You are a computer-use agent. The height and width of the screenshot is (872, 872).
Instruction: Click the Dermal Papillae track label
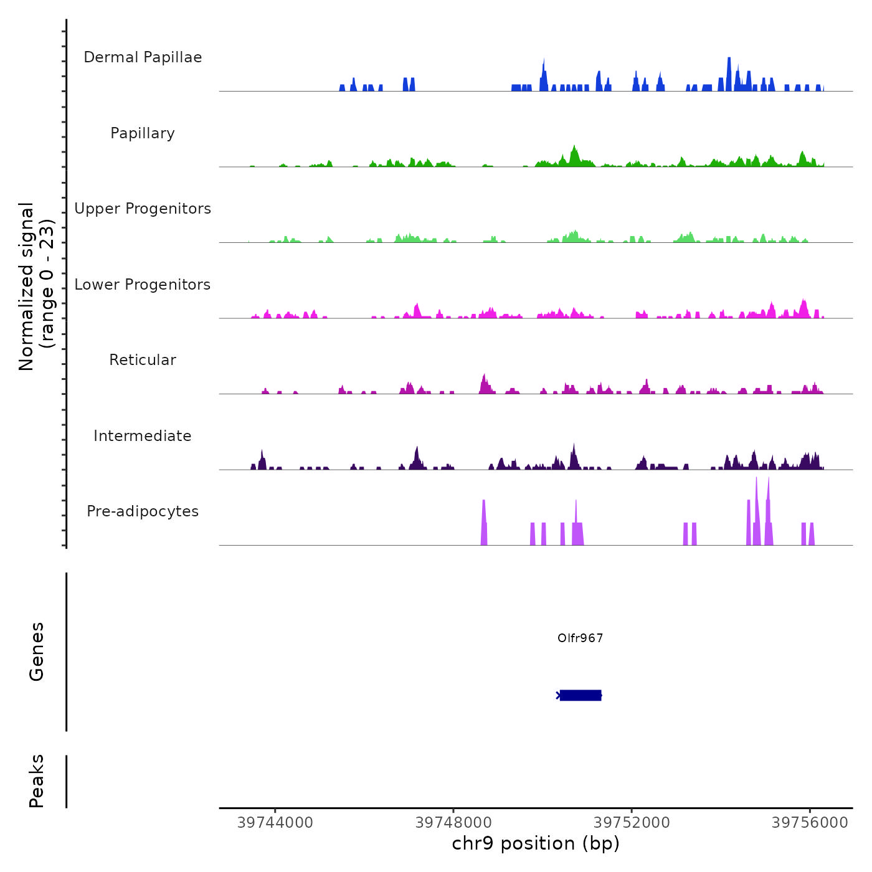[143, 57]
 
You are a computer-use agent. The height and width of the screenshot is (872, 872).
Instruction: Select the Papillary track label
[143, 133]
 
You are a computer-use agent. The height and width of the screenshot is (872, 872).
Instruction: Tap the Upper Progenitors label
[143, 209]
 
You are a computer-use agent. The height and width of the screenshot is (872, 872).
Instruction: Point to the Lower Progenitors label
[143, 285]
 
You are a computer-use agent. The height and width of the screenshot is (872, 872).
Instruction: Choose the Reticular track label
[143, 360]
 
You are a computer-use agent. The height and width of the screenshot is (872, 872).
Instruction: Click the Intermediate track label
[143, 436]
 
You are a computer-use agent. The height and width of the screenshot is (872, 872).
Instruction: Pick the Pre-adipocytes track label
[143, 511]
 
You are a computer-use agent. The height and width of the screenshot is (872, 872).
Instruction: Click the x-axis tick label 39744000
[275, 823]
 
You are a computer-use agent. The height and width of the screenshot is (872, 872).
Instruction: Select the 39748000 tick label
[453, 823]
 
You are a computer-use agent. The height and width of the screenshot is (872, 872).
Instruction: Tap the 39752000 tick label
[632, 823]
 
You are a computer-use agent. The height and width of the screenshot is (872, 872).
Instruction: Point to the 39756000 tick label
[810, 823]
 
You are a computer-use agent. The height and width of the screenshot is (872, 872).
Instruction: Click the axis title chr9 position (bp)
[536, 843]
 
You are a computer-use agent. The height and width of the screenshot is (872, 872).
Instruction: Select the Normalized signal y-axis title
[36, 287]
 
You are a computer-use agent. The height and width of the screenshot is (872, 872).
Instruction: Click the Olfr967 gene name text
[580, 638]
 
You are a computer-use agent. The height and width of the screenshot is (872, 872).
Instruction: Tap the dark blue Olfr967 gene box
[580, 695]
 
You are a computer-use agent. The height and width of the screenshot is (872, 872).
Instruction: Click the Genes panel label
[37, 652]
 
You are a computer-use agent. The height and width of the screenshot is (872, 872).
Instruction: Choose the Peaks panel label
[37, 781]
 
